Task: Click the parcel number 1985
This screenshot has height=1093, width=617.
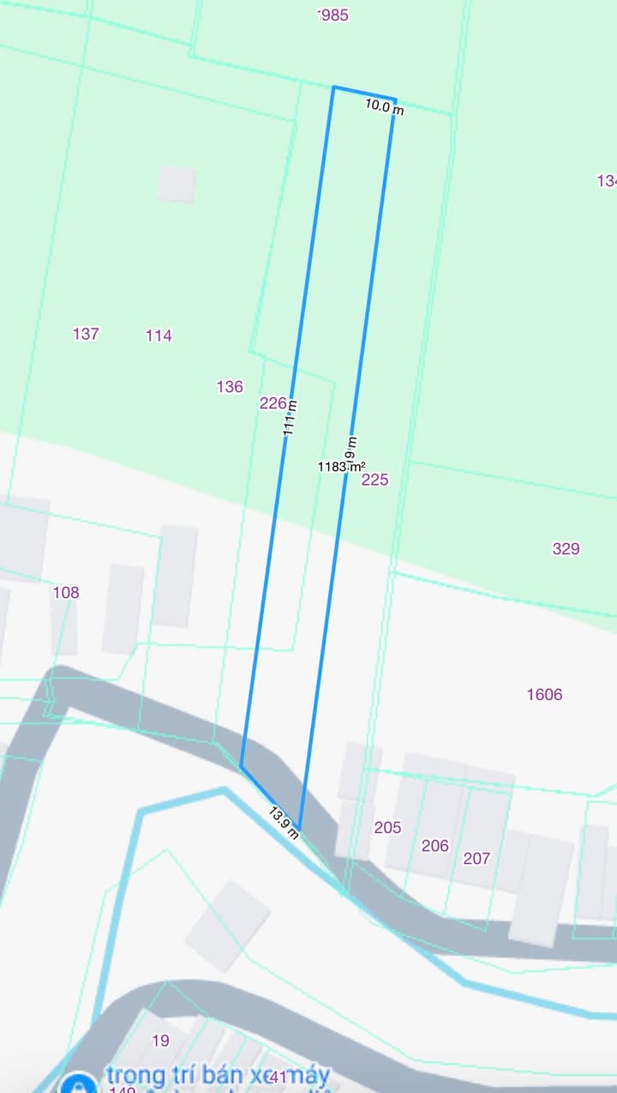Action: [333, 15]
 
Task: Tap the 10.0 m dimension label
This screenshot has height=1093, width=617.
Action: [384, 107]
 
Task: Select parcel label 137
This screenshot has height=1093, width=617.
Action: [86, 335]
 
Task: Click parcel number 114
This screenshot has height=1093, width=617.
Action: [159, 336]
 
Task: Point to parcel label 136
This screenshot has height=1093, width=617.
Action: [230, 387]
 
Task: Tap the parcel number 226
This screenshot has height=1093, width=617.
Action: [273, 403]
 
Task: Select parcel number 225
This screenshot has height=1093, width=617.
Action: [374, 480]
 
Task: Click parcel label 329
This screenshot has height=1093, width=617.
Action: [566, 549]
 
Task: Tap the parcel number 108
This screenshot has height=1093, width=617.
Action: [66, 593]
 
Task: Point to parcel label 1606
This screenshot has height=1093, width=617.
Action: [544, 695]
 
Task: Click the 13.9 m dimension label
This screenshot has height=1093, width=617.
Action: [284, 823]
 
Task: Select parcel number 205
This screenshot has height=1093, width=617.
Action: [387, 828]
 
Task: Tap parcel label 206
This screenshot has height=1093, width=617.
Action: [434, 846]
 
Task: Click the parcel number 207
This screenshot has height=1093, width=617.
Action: [476, 858]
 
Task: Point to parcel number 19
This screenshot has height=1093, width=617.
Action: [160, 1041]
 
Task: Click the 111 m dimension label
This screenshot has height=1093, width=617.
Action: [291, 419]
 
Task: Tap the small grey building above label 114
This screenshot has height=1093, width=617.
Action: [177, 184]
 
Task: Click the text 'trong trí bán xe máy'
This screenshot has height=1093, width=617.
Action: [219, 1075]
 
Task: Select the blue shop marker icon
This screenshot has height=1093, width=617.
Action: [79, 1083]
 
